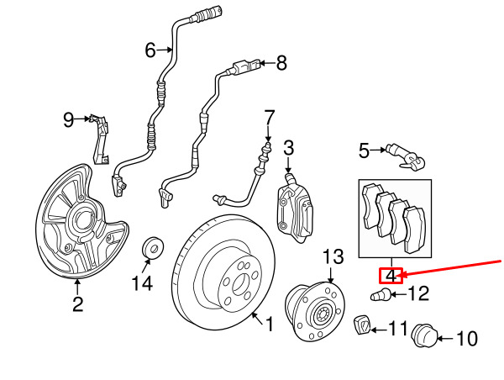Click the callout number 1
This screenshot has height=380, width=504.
click(270, 324)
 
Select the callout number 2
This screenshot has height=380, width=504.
click(77, 304)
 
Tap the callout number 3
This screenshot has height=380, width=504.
click(288, 149)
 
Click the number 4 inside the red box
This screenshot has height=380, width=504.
click(391, 275)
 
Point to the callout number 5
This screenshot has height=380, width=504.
click(364, 151)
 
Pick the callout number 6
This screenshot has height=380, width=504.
click(150, 50)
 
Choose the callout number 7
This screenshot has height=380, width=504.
click(269, 116)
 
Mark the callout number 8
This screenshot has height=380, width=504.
click(281, 62)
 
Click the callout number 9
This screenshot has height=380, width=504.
click(69, 120)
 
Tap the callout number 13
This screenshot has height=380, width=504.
click(333, 255)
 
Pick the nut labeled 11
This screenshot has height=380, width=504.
click(362, 324)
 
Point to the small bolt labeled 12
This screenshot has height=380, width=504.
click(379, 294)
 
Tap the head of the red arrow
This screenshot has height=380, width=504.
click(407, 274)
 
